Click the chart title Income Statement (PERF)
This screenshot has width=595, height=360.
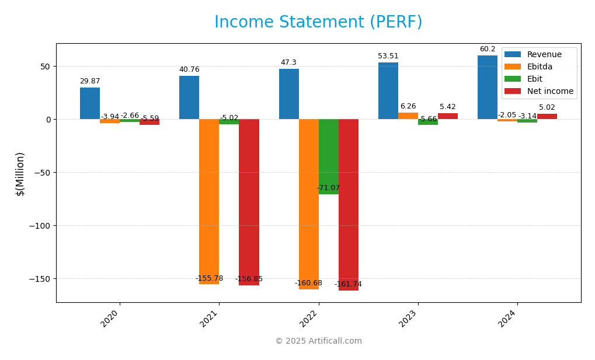coord(318,22)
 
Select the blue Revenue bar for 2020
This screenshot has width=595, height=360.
coord(90,103)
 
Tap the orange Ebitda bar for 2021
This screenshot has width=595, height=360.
coord(209,201)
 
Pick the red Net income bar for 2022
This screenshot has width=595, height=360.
coord(349,204)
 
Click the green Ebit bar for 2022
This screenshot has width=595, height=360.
coord(329,156)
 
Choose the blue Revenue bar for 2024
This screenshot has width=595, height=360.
coord(488,88)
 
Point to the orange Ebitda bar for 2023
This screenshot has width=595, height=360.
coord(408,116)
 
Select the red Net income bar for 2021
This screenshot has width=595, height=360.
coord(249,202)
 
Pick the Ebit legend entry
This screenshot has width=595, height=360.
coord(535,79)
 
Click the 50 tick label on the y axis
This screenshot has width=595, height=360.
coord(44,67)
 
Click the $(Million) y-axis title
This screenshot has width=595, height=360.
coord(20,173)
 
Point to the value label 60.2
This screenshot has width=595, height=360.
coord(488,50)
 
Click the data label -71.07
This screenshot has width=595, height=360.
coord(328,188)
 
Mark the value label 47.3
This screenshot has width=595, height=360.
coord(288,63)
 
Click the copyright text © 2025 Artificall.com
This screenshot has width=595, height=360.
coord(318,341)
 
